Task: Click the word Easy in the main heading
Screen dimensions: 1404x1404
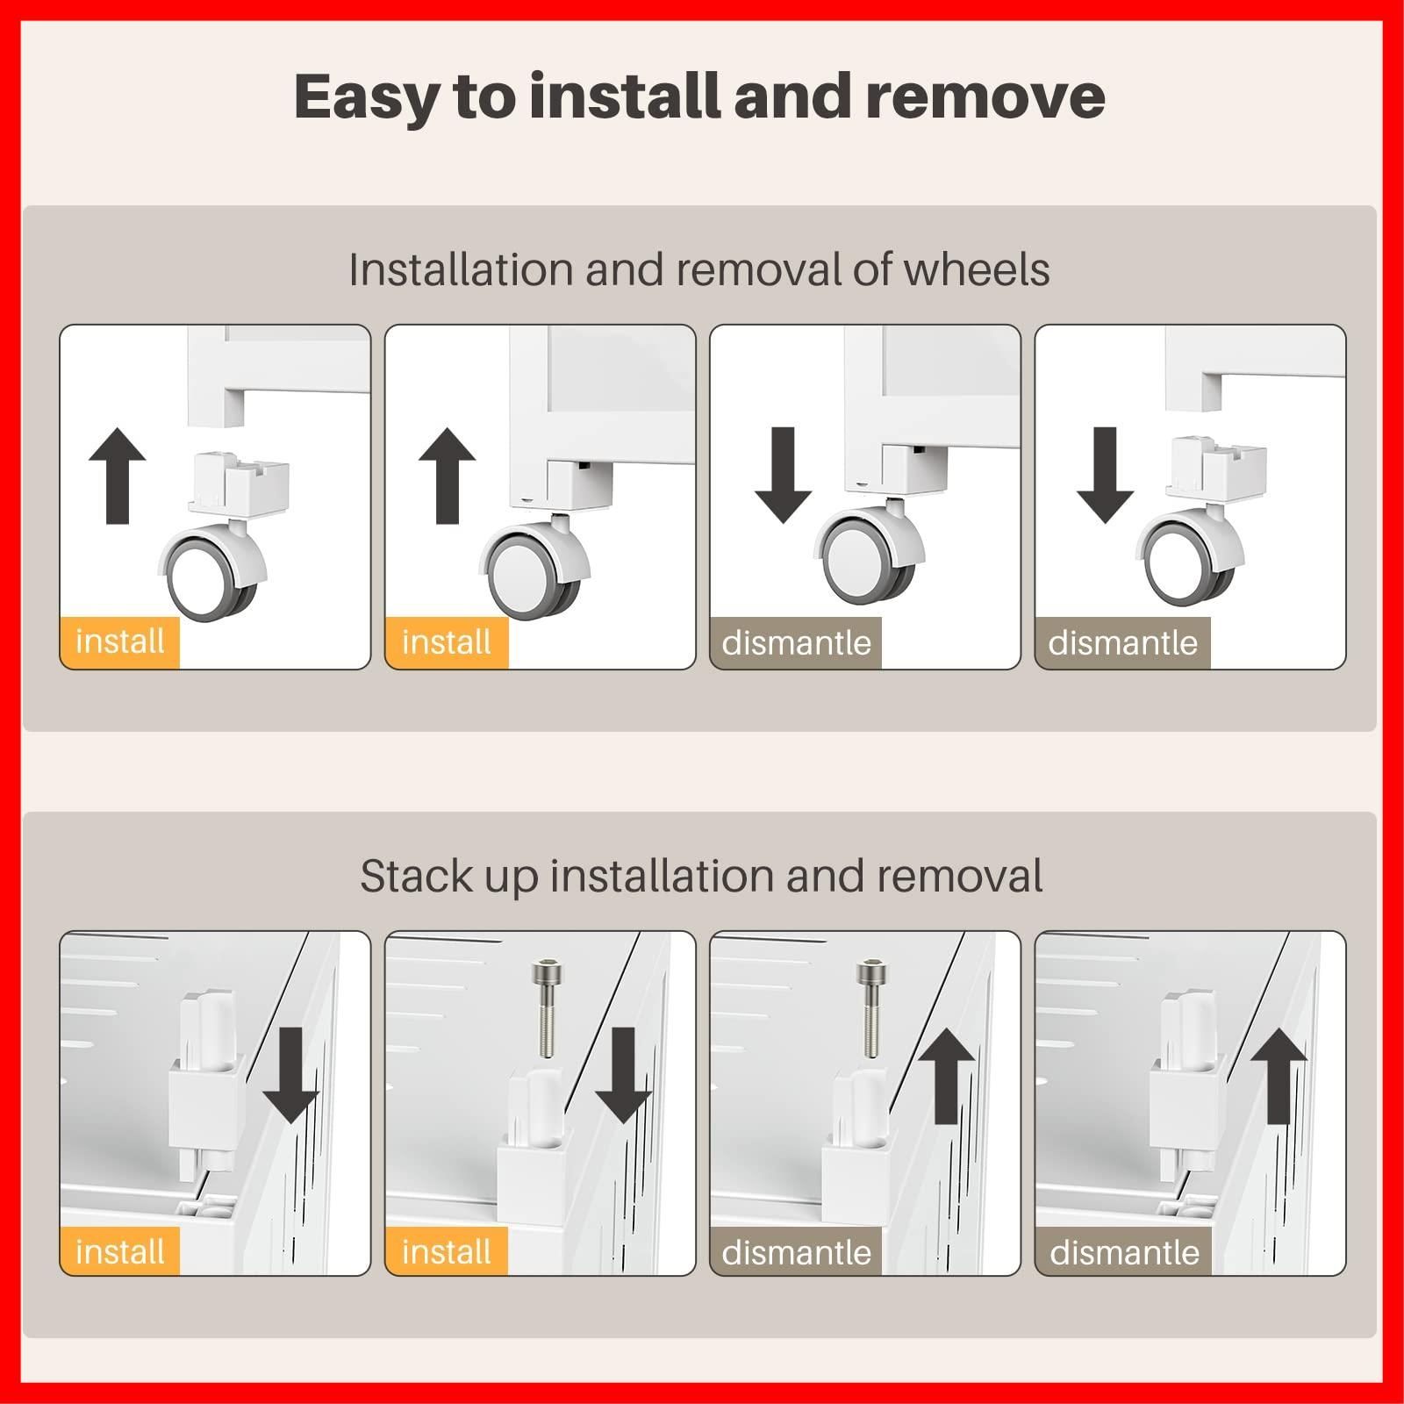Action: (366, 97)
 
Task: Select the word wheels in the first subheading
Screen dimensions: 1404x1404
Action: (976, 269)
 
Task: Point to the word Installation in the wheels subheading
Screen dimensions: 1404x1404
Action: (461, 269)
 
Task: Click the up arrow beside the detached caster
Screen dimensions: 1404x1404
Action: (118, 476)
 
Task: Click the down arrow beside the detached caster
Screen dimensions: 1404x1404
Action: (1106, 476)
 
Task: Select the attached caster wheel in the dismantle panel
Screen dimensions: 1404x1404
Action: (870, 548)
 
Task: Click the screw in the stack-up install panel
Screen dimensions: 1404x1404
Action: (544, 1007)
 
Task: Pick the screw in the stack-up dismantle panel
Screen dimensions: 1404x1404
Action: (870, 1007)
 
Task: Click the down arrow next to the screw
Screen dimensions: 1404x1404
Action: (623, 1075)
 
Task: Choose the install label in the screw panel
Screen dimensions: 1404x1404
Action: (447, 1252)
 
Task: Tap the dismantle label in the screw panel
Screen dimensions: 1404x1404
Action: (796, 1252)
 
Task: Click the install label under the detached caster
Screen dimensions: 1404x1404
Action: (119, 642)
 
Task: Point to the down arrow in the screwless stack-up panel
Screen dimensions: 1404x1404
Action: (290, 1075)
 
